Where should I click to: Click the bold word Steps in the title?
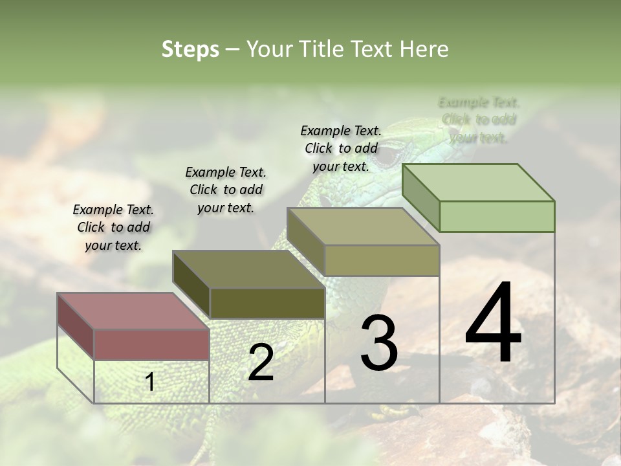[x=190, y=49]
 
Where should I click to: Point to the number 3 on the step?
[x=378, y=343]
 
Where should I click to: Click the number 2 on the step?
[x=261, y=362]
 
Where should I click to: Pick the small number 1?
[x=150, y=382]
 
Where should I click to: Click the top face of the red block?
[x=133, y=311]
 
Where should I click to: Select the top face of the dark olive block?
[x=248, y=269]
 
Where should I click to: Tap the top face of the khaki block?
[x=363, y=227]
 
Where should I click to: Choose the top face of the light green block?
[x=478, y=183]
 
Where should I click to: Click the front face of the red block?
[x=151, y=344]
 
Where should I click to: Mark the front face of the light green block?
[x=497, y=216]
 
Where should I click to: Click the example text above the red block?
[x=113, y=227]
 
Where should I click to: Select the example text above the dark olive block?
[x=226, y=190]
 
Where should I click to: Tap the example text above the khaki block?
[x=341, y=148]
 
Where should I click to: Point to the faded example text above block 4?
[x=479, y=120]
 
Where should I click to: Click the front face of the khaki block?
[x=382, y=260]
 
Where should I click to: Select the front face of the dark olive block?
[x=267, y=303]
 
